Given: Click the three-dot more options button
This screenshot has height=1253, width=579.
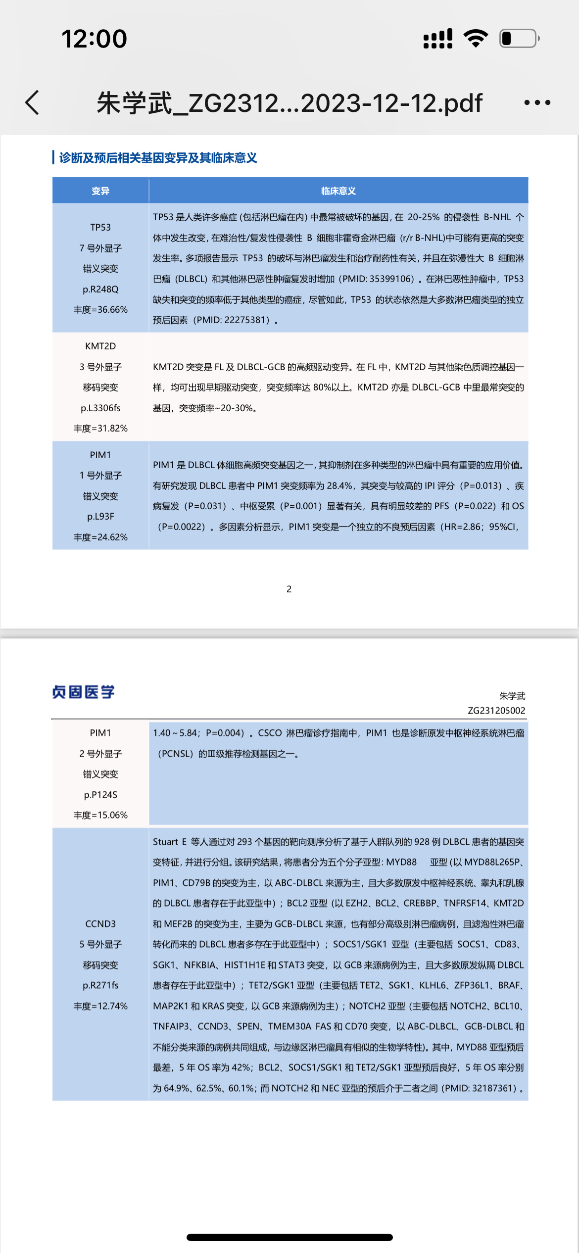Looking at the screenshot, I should (x=537, y=103).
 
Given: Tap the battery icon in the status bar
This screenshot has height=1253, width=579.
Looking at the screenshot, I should (x=519, y=39).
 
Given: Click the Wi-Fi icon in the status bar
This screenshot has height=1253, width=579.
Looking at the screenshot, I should (x=476, y=39).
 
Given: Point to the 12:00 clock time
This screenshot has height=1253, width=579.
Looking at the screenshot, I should (x=94, y=39).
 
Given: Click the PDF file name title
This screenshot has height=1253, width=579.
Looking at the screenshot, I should (x=289, y=103).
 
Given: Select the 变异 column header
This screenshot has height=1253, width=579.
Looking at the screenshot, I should (x=100, y=191).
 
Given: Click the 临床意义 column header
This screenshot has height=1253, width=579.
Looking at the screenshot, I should (x=338, y=191).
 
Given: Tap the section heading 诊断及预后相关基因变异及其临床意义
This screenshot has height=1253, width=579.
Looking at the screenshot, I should (x=158, y=158).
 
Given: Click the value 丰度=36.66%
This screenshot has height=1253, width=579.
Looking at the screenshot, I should (x=100, y=310).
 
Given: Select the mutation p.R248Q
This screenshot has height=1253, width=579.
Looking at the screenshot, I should (x=100, y=289).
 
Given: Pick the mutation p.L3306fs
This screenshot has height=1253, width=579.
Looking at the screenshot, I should (x=100, y=408).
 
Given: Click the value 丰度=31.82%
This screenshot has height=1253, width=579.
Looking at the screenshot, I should (x=100, y=429).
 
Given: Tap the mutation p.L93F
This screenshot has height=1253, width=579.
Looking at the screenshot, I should (x=100, y=517).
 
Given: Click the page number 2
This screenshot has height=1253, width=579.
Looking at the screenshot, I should (x=289, y=589).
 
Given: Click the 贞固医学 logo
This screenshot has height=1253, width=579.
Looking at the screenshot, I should (x=84, y=692).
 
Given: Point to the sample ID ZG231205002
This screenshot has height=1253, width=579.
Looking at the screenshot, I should (x=496, y=711).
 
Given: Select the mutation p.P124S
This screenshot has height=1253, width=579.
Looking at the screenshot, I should (x=100, y=795).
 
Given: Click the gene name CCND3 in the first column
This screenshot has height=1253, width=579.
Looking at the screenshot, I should (x=100, y=924).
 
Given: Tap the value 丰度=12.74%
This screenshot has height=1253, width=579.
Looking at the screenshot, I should (x=100, y=1006).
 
